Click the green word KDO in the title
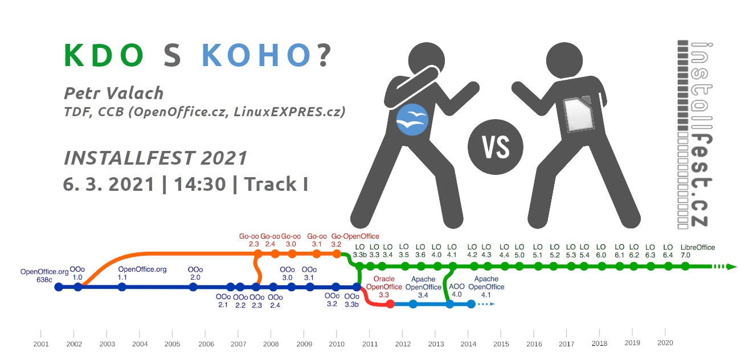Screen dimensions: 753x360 [104, 55]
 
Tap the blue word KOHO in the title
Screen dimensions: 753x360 [256, 55]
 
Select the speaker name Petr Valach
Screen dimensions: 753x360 [113, 93]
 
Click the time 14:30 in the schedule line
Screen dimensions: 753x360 [200, 184]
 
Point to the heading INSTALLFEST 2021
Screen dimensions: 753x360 [155, 158]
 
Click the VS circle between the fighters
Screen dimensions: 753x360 [495, 147]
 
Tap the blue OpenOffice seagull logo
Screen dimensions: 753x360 [412, 120]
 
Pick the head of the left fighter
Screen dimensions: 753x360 [426, 60]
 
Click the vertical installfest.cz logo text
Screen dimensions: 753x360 [701, 134]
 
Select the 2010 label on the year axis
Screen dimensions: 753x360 [337, 344]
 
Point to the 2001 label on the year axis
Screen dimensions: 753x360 [41, 344]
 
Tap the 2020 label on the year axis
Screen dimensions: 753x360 [665, 343]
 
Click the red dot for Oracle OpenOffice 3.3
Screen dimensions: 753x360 [390, 304]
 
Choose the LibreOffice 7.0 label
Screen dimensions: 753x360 [698, 251]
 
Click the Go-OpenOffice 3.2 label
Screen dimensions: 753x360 [355, 240]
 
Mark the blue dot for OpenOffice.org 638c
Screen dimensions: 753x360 [59, 287]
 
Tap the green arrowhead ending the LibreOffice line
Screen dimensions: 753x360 [732, 267]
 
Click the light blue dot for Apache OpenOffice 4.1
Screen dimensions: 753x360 [471, 304]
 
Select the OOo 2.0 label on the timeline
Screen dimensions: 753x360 [195, 273]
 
